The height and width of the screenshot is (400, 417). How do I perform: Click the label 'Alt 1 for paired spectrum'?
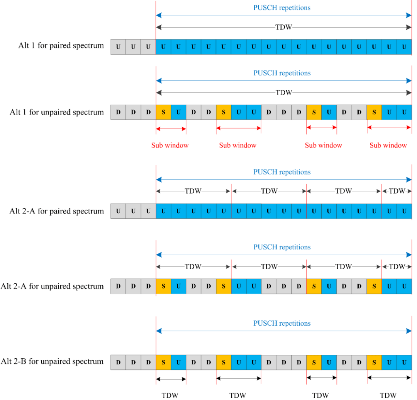61,46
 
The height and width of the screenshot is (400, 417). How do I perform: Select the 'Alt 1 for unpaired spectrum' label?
57,112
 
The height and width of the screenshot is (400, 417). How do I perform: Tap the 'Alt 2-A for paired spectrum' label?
57,211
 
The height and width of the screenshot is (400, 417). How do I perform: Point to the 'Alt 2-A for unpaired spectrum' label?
53,286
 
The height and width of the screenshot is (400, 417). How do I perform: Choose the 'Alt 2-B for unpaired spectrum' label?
53,362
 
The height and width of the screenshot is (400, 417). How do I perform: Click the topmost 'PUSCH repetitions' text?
282,7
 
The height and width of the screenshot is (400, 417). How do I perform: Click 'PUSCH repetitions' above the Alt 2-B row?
282,323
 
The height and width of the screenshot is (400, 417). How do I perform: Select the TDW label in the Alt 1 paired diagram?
284,27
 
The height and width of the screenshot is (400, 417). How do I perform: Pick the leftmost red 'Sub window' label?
170,145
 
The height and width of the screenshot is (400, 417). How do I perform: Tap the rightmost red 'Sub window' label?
388,145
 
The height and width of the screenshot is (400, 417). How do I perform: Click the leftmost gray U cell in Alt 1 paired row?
118,47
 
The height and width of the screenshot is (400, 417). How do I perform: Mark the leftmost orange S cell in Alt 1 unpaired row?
163,112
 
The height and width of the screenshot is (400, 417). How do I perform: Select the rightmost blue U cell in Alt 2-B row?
404,362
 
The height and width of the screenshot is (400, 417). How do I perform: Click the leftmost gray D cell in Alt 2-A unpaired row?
118,286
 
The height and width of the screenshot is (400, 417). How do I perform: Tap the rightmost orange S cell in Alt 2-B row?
374,362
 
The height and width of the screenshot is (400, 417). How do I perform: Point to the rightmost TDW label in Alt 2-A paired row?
397,191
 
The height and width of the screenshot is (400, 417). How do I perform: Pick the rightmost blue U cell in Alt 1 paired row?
404,47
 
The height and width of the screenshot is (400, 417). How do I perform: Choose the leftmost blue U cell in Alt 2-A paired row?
163,211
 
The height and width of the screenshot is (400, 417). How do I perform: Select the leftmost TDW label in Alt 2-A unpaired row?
193,267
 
